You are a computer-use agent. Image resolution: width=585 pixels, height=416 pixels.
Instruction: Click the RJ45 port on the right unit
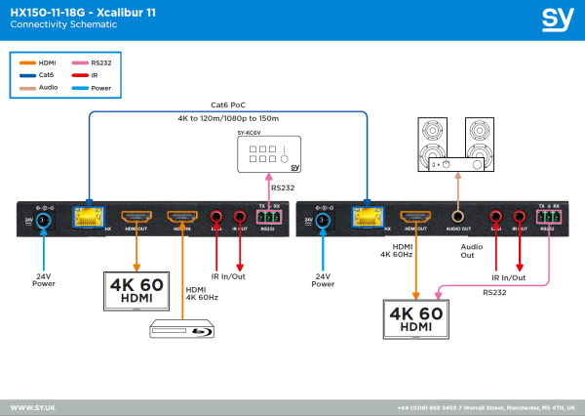[x=369, y=218]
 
